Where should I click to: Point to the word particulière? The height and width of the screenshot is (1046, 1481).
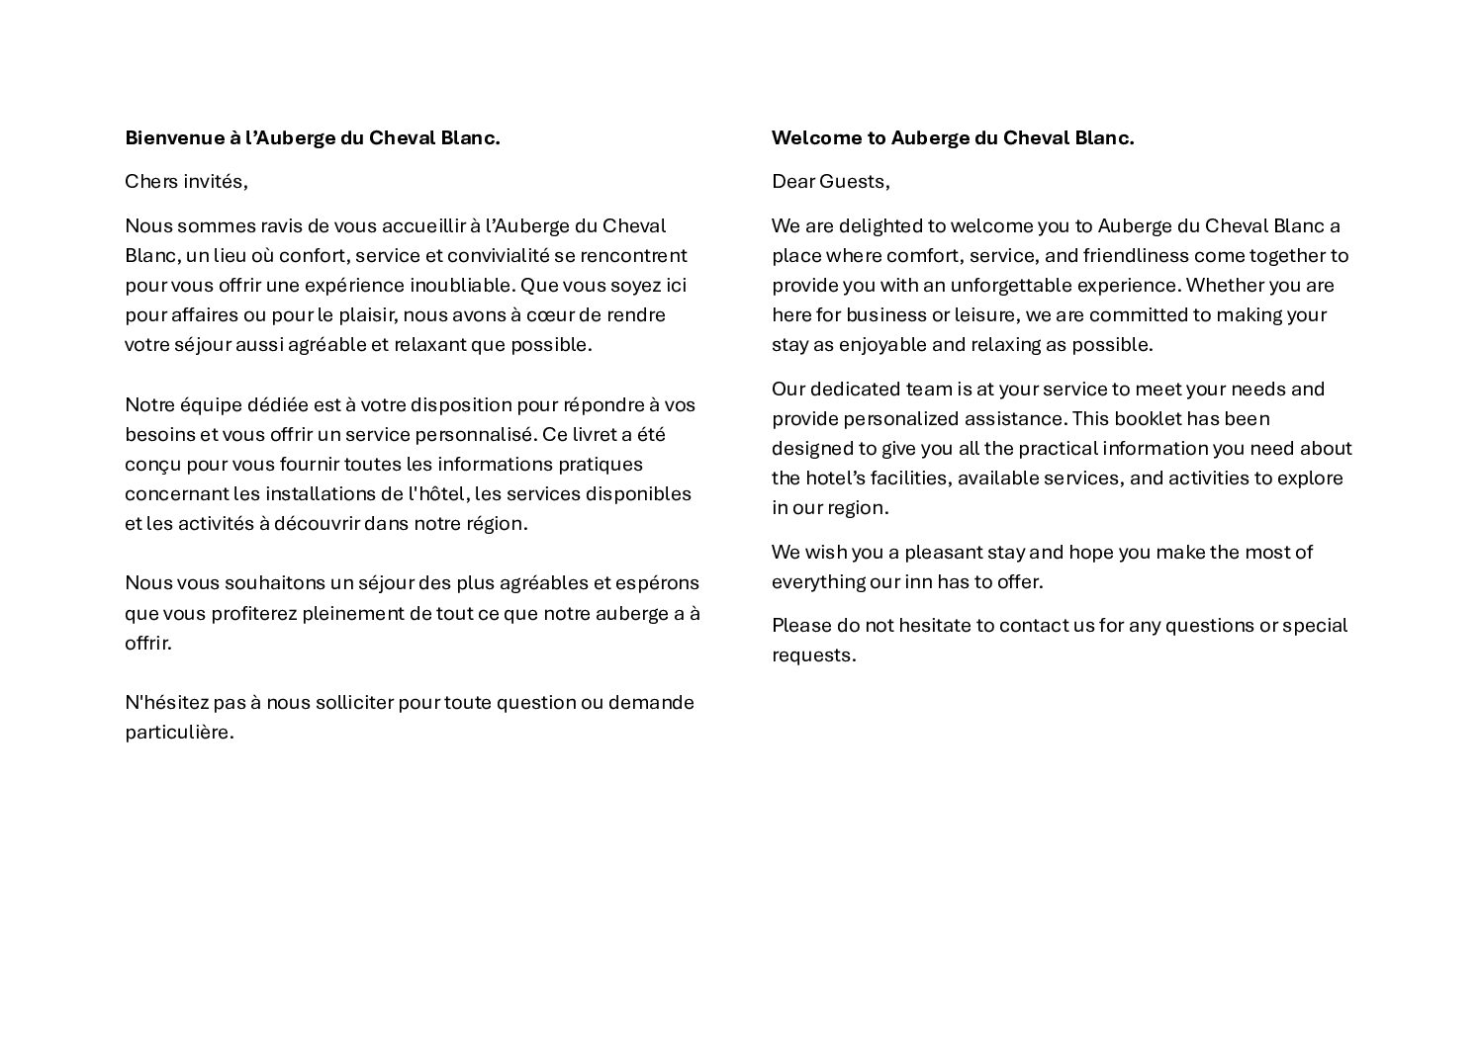click(178, 733)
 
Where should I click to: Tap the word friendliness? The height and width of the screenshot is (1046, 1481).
click(1135, 255)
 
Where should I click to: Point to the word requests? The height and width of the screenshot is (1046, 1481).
click(813, 655)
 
